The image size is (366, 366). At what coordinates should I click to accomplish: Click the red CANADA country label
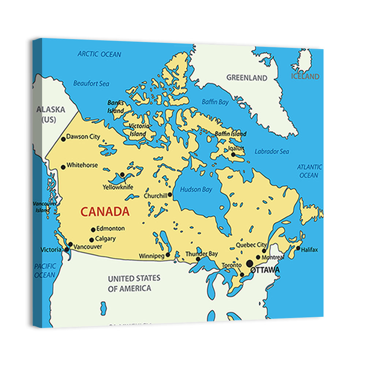pyautogui.click(x=105, y=212)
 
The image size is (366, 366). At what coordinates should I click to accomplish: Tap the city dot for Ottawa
pyautogui.click(x=250, y=263)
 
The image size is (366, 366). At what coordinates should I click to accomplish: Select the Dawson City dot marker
pyautogui.click(x=63, y=139)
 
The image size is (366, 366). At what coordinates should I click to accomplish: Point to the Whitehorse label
pyautogui.click(x=82, y=165)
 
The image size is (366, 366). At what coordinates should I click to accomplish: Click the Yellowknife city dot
pyautogui.click(x=122, y=175)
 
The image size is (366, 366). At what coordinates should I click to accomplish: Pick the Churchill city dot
pyautogui.click(x=170, y=195)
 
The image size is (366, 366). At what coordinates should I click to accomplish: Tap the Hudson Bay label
pyautogui.click(x=196, y=190)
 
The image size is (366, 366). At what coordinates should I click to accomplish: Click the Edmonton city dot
pyautogui.click(x=93, y=230)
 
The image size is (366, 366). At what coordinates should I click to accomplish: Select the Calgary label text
pyautogui.click(x=105, y=239)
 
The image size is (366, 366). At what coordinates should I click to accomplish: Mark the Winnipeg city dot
pyautogui.click(x=168, y=255)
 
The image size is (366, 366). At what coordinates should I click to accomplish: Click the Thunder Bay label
pyautogui.click(x=201, y=254)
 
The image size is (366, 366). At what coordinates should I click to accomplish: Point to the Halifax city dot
pyautogui.click(x=298, y=249)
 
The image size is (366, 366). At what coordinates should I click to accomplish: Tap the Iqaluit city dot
pyautogui.click(x=233, y=154)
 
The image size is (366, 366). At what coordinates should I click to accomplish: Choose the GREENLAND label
pyautogui.click(x=247, y=78)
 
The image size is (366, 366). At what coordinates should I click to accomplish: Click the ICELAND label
pyautogui.click(x=305, y=76)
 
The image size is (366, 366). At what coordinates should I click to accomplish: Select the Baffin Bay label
pyautogui.click(x=215, y=102)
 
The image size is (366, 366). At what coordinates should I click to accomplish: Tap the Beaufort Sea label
pyautogui.click(x=91, y=83)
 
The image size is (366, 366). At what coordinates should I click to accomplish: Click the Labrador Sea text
pyautogui.click(x=272, y=151)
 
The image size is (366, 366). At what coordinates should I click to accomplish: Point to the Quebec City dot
pyautogui.click(x=264, y=251)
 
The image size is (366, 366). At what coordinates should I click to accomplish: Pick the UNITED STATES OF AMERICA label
pyautogui.click(x=134, y=283)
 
